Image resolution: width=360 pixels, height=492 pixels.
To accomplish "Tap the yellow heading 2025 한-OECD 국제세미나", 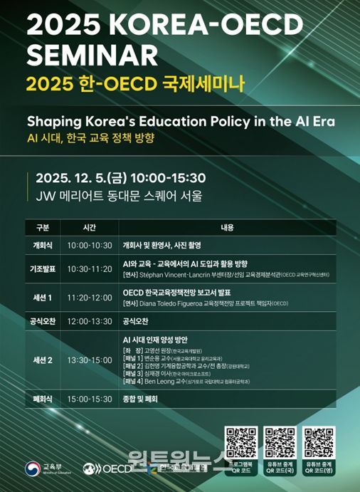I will pyautogui.click(x=134, y=84).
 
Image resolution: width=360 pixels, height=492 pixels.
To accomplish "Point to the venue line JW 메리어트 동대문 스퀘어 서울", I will pyautogui.click(x=114, y=194).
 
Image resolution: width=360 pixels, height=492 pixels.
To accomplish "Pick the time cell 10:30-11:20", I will pyautogui.click(x=90, y=268).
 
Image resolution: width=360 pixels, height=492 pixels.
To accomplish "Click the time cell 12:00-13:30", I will pyautogui.click(x=90, y=321).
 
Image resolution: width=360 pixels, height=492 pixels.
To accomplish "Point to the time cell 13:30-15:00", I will pyautogui.click(x=90, y=360).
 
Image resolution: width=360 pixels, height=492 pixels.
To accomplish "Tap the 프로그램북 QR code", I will pyautogui.click(x=240, y=441).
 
